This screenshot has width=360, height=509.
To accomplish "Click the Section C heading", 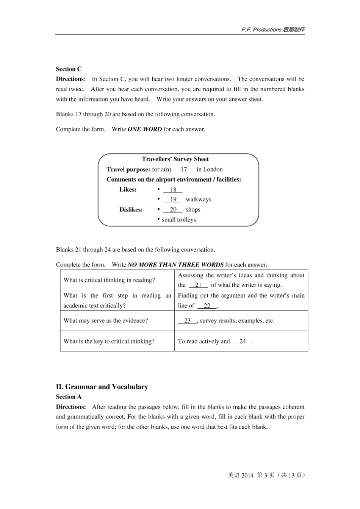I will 69,69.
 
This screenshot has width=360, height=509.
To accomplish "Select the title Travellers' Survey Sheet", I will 175,159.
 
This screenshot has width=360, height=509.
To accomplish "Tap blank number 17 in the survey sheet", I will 184,169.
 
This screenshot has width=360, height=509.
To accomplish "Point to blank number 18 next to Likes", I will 173,189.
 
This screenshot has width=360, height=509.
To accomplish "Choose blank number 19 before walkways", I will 173,199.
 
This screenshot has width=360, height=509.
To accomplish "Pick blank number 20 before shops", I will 173,209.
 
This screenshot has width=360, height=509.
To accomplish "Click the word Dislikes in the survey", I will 131,209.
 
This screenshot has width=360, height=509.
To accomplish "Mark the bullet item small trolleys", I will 178,220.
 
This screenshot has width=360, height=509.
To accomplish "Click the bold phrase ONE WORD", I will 145,129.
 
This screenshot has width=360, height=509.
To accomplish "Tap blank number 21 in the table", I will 198,285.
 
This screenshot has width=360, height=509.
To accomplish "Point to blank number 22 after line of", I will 207,306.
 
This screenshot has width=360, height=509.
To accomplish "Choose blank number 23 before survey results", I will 187,320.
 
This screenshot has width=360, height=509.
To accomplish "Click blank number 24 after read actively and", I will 243,341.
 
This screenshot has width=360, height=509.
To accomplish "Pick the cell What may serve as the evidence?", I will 106,320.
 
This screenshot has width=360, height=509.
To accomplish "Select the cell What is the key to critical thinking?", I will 109,341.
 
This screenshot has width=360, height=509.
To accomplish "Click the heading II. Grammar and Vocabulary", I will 102,387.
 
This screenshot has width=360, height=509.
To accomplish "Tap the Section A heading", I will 69,397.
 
